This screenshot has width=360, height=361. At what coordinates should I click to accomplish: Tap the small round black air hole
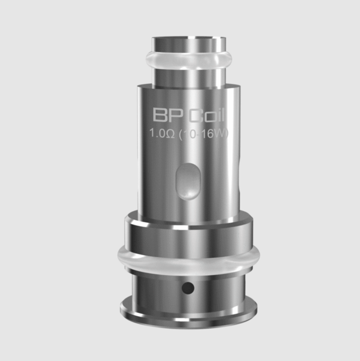click(189, 286)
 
